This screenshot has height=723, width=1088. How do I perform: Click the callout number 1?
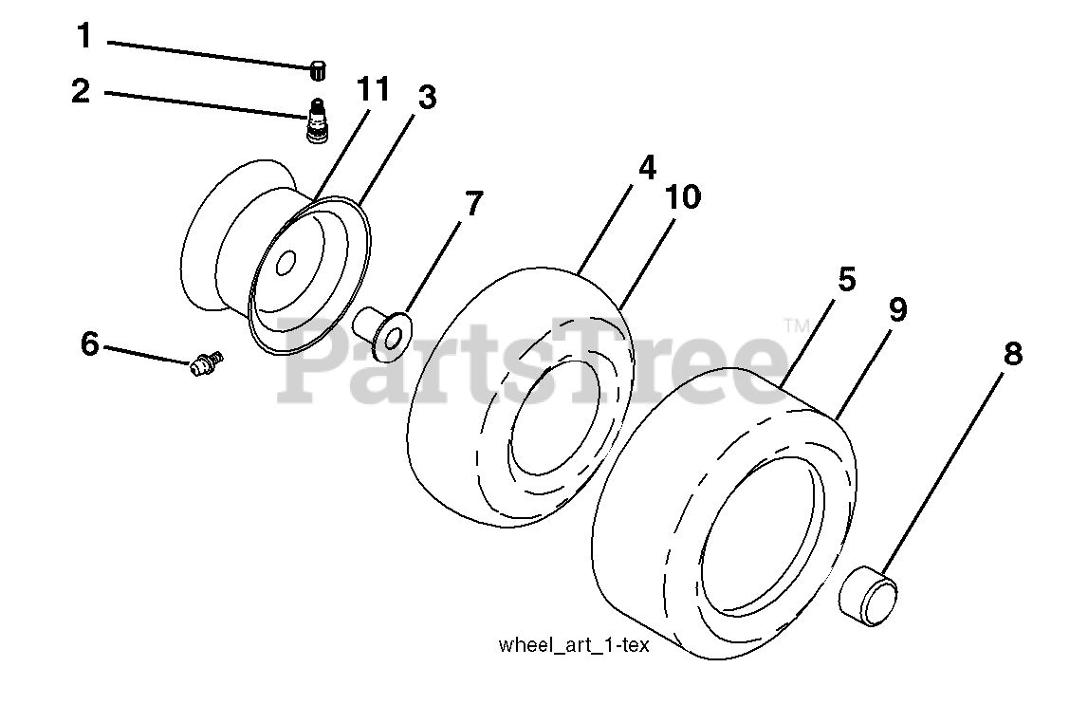coord(84,38)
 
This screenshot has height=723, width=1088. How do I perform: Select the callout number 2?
coord(81,92)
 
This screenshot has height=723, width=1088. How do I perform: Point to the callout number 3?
coord(427,97)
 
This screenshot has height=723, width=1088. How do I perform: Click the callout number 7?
coord(472,203)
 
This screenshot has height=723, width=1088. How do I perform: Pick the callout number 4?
coord(646,168)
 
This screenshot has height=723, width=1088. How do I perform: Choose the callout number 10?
coord(683,197)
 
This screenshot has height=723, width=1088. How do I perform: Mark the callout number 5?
coord(847,279)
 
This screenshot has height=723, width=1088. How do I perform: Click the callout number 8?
coord(1012,354)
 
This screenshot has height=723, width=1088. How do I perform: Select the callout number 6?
coord(89,343)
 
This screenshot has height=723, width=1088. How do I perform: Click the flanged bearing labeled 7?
coord(383,334)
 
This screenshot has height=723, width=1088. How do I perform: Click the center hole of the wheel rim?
coord(284,267)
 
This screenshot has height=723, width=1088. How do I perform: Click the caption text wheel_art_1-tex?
coord(573,646)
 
